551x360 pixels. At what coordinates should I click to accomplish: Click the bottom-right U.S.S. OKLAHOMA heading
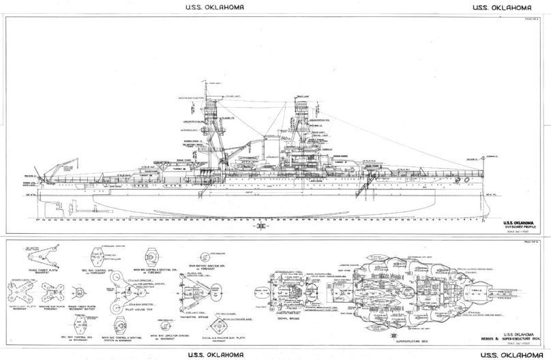click(509, 353)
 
